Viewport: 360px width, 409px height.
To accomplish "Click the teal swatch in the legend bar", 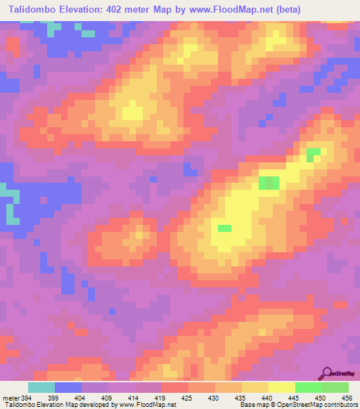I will coord(41,387).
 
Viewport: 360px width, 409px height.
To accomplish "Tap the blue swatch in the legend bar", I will coord(68,387).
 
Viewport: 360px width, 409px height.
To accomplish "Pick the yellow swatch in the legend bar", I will coord(281,387).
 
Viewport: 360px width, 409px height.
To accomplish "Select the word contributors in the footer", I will coord(340,404).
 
